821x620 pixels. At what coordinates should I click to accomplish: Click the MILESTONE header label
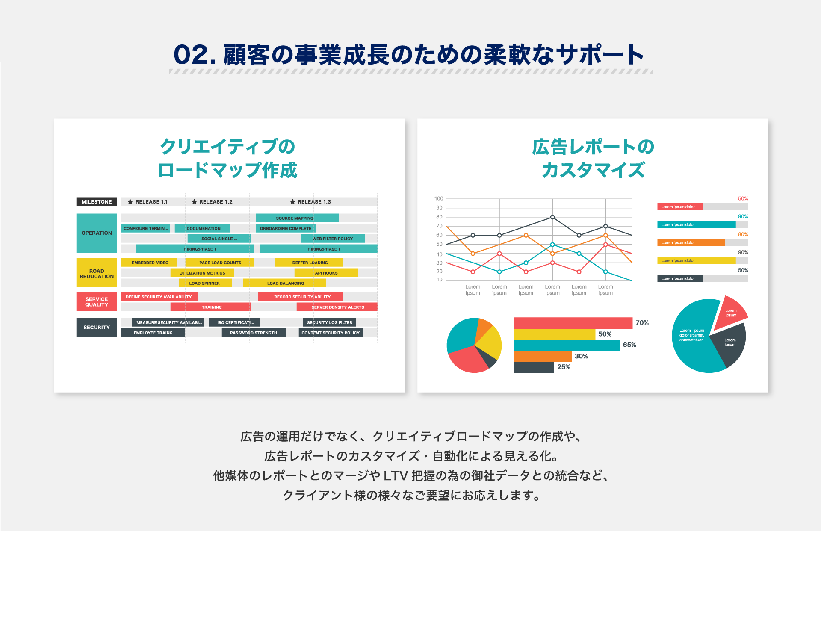(97, 201)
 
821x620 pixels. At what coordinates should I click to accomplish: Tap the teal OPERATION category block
(97, 233)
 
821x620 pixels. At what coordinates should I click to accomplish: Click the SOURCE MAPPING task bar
(297, 218)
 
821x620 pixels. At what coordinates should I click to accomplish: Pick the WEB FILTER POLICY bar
(333, 239)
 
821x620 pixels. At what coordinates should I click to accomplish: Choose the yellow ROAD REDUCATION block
(97, 273)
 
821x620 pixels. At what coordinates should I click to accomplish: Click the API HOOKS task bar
(326, 273)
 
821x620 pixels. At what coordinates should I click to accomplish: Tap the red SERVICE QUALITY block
(97, 302)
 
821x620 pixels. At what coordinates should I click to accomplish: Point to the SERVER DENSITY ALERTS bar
(337, 307)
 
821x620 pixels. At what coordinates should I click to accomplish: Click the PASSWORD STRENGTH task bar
(254, 333)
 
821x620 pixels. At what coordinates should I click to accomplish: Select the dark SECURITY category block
(97, 328)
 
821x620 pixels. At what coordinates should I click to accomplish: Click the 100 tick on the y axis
(439, 198)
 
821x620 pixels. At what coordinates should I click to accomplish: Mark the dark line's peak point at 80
(552, 217)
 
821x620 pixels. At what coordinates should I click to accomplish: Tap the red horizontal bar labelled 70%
(573, 323)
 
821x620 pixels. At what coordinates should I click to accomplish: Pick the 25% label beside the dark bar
(564, 367)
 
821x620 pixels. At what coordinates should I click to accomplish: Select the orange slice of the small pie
(484, 328)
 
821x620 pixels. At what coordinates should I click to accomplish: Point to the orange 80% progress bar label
(743, 234)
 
